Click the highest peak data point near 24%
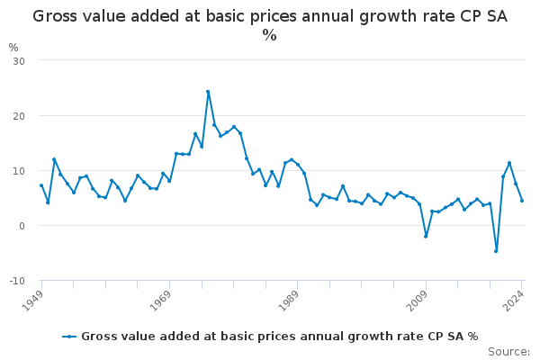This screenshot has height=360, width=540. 208,92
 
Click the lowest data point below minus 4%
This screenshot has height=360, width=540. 496,251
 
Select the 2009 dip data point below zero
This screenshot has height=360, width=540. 426,237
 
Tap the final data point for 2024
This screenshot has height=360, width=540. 522,201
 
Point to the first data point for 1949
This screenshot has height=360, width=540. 41,185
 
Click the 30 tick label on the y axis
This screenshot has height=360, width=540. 19,61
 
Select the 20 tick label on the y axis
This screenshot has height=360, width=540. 19,116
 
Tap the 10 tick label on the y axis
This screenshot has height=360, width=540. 19,171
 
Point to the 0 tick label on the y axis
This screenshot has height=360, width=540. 22,226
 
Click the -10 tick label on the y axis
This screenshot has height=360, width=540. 17,281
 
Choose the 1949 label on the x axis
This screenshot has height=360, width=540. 32,301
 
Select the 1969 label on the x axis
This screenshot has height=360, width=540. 161,301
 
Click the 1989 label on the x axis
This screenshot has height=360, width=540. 289,301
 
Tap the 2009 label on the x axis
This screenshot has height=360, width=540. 417,301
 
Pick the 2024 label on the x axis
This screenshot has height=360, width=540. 514,301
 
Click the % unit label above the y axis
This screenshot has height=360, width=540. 13,48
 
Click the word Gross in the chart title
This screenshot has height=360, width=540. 55,16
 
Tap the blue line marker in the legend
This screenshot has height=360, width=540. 69,337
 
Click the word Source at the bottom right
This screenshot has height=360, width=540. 508,352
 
